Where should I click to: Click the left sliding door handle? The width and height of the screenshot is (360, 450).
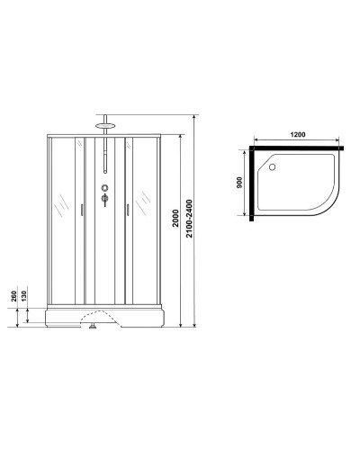(83, 210)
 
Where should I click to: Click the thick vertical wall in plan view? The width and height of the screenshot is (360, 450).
(346, 181)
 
